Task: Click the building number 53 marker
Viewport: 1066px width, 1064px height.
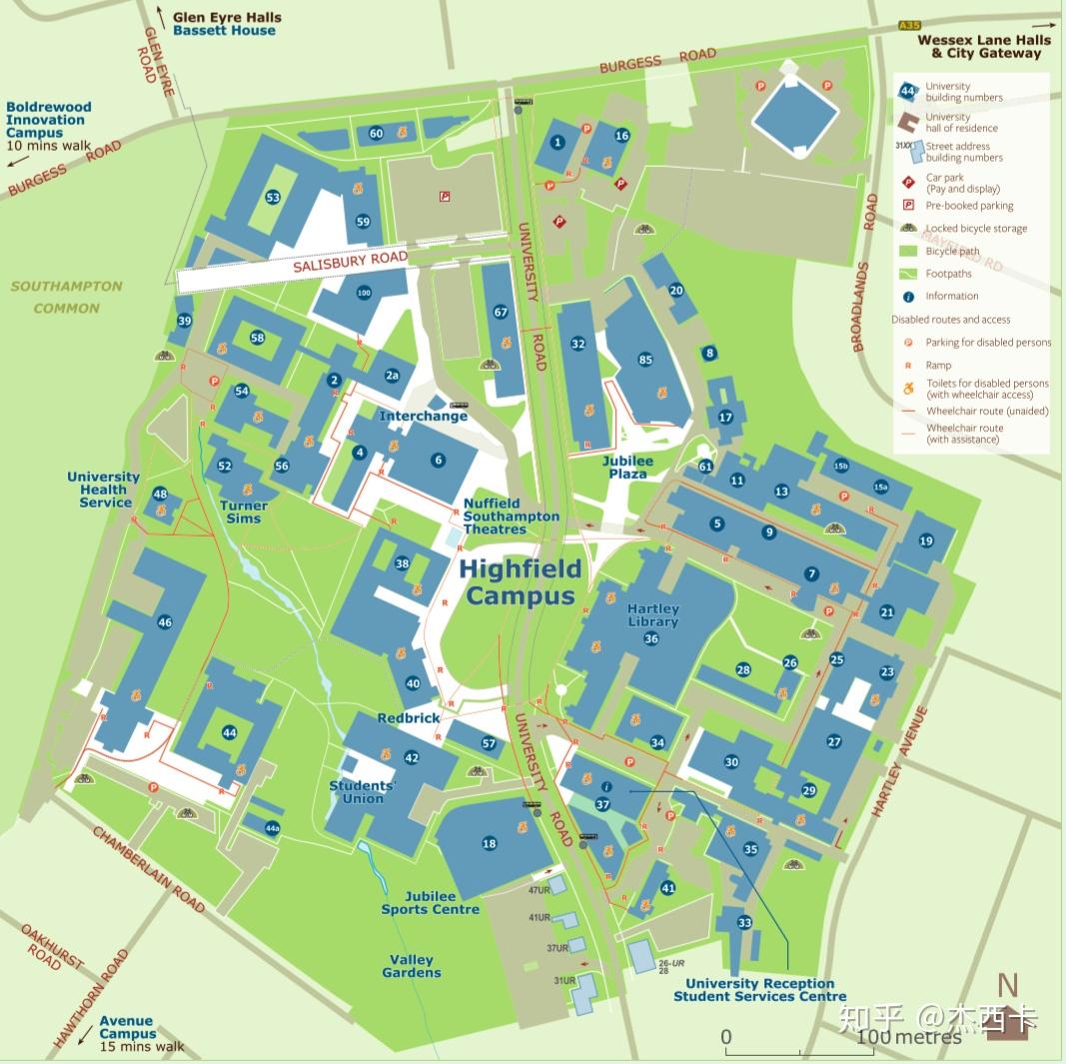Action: [x=273, y=198]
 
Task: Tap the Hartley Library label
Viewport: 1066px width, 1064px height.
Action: [x=652, y=615]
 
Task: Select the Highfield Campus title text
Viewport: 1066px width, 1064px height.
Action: [x=521, y=582]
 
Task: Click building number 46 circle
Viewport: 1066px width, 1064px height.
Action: [x=165, y=622]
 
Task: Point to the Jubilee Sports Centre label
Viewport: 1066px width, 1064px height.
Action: [x=431, y=903]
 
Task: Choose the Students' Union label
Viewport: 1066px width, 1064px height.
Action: [x=363, y=792]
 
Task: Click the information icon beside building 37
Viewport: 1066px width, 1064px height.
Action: [x=605, y=787]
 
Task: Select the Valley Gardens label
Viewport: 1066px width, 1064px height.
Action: [x=411, y=966]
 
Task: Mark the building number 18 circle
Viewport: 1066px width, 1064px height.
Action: [x=490, y=844]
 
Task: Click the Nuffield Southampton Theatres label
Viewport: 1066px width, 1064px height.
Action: [x=511, y=517]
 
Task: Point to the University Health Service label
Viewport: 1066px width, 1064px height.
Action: [x=104, y=490]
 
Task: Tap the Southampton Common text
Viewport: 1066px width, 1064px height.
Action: [x=67, y=297]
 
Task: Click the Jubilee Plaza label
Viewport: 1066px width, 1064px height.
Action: [x=627, y=467]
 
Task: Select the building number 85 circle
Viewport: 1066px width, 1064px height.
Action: [x=645, y=360]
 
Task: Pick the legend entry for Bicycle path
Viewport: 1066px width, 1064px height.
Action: [x=952, y=252]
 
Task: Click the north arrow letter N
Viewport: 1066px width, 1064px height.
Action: [x=1007, y=985]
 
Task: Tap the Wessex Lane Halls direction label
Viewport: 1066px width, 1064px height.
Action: [x=985, y=46]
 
